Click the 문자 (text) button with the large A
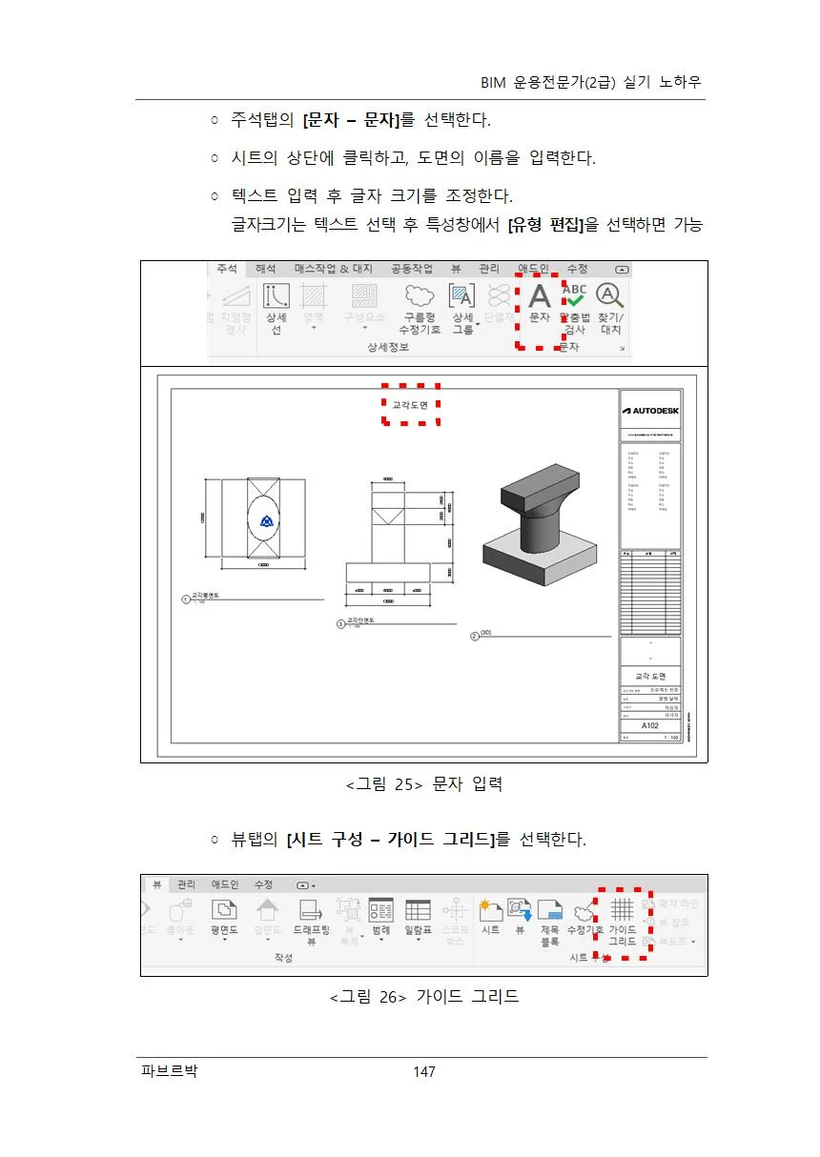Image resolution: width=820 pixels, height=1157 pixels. [x=540, y=298]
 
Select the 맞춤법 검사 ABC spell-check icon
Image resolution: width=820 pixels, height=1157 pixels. [x=575, y=297]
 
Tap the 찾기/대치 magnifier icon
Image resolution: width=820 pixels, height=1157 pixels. [x=609, y=297]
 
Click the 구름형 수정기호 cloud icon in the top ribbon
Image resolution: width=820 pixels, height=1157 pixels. [x=419, y=297]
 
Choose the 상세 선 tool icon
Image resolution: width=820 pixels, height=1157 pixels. [x=277, y=297]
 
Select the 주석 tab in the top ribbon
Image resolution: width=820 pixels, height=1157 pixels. [x=226, y=270]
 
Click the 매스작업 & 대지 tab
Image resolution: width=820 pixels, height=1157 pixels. [x=333, y=270]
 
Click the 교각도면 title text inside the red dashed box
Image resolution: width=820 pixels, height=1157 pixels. [x=410, y=405]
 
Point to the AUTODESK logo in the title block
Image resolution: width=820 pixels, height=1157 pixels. [x=650, y=411]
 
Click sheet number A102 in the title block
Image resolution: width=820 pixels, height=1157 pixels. [x=649, y=725]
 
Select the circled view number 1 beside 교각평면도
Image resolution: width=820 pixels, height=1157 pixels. [x=186, y=599]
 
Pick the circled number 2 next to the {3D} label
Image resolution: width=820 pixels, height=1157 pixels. [x=474, y=636]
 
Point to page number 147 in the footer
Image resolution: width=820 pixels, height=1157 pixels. [x=423, y=1072]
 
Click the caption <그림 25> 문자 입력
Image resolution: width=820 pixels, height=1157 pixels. [x=423, y=784]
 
